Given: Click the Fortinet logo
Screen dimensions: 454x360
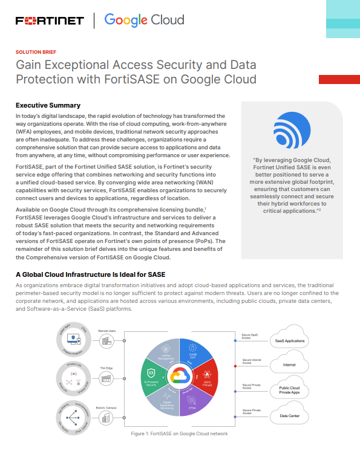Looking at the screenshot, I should click(50, 21).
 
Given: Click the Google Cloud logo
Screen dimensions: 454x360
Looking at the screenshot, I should click(145, 21).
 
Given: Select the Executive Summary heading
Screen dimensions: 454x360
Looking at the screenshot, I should click(48, 105).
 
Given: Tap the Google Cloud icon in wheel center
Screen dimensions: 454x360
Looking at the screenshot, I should click(179, 376).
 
